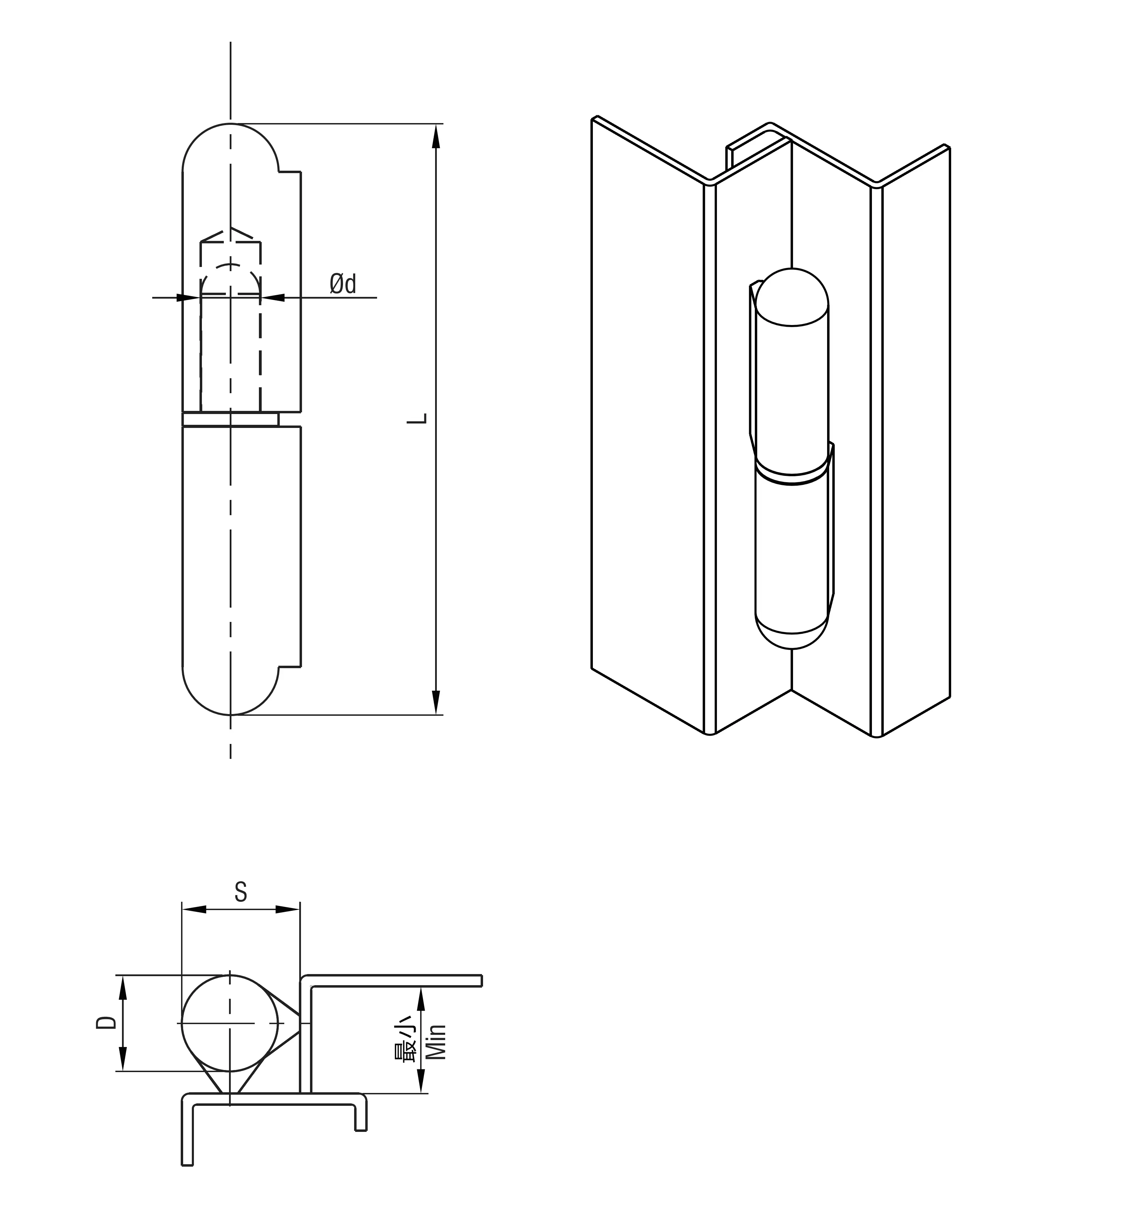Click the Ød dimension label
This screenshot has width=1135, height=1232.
pos(343,284)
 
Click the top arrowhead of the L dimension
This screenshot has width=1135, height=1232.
pos(436,136)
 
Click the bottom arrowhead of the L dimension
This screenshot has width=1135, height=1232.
pos(436,702)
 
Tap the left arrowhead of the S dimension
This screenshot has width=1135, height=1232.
pos(194,909)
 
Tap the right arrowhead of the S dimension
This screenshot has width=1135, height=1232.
pos(287,909)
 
